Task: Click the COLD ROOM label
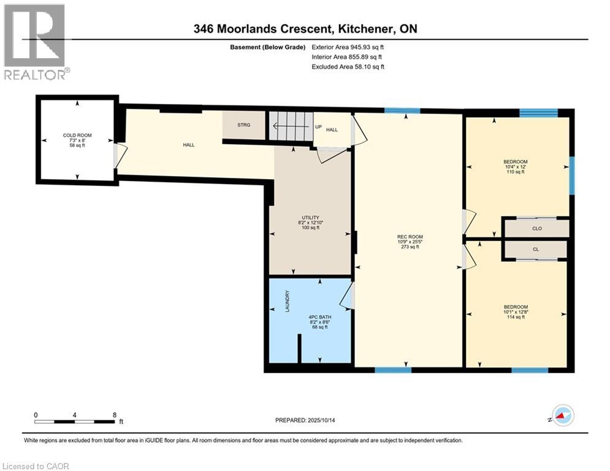pyautogui.click(x=77, y=135)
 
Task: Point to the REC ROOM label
pyautogui.click(x=410, y=237)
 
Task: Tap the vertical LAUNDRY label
pyautogui.click(x=286, y=302)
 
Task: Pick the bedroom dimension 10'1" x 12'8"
pyautogui.click(x=516, y=312)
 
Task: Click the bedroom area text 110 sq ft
pyautogui.click(x=515, y=172)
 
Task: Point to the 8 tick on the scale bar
pyautogui.click(x=115, y=415)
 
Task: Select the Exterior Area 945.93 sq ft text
pyautogui.click(x=348, y=47)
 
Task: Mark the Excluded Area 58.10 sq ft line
pyautogui.click(x=348, y=67)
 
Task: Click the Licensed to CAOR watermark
pyautogui.click(x=35, y=466)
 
